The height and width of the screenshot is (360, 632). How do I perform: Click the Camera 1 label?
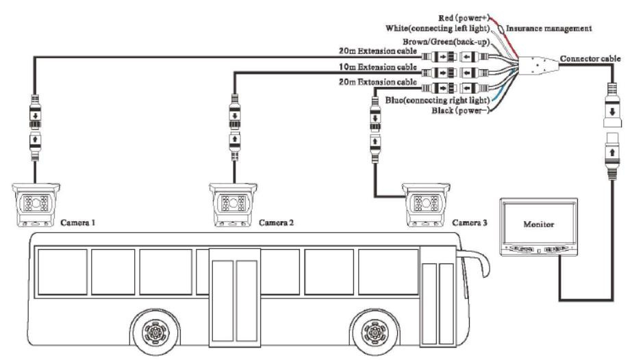click(x=78, y=222)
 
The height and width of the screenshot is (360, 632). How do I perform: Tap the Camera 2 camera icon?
click(x=233, y=205)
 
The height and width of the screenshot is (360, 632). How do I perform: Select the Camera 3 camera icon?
click(x=426, y=205)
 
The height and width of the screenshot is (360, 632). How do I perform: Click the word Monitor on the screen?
click(x=538, y=224)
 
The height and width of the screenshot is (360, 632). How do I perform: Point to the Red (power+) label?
click(x=464, y=18)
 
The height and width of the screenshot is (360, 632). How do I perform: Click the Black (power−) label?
click(x=460, y=110)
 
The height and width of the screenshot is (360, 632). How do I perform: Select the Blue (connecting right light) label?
click(x=438, y=100)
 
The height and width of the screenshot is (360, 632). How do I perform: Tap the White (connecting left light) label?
click(x=438, y=29)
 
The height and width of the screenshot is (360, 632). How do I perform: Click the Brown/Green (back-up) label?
click(x=446, y=42)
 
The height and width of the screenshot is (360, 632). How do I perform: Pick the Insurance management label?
click(x=549, y=29)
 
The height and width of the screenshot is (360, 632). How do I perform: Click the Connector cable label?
click(x=590, y=59)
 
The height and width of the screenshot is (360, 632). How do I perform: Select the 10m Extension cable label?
click(x=378, y=67)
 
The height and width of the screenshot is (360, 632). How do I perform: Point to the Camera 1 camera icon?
click(x=36, y=205)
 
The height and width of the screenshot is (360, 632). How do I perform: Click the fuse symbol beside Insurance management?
click(x=501, y=29)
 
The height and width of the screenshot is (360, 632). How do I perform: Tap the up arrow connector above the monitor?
click(x=612, y=156)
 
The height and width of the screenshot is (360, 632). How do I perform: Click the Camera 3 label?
click(x=470, y=222)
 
